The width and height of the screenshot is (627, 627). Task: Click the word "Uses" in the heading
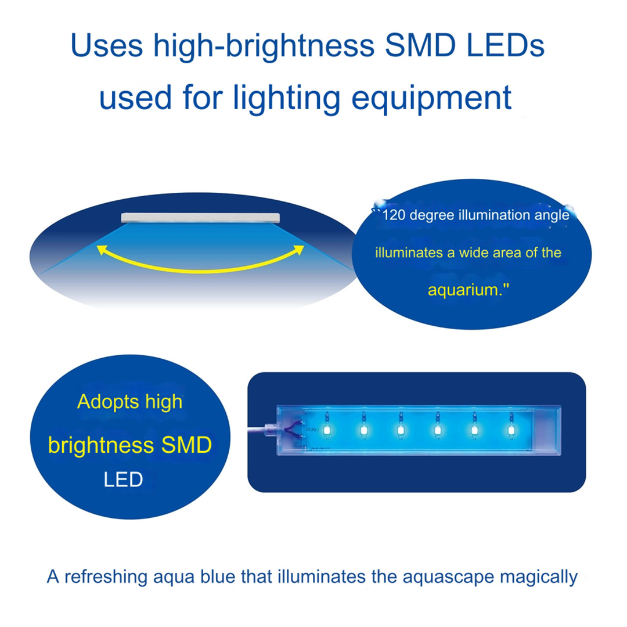click(x=107, y=45)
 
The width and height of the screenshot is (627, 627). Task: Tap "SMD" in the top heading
click(x=420, y=45)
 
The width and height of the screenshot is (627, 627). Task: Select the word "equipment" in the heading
click(x=431, y=98)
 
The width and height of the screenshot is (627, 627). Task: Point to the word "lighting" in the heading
click(x=286, y=98)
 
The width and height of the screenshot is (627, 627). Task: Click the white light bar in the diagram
click(x=200, y=218)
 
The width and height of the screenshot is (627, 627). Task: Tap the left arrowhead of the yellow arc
click(x=102, y=250)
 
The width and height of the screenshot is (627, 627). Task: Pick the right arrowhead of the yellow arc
click(x=299, y=250)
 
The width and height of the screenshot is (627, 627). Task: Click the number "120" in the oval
click(x=394, y=215)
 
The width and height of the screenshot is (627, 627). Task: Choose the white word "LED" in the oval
click(x=123, y=480)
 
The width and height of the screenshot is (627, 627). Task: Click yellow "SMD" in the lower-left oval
click(x=186, y=445)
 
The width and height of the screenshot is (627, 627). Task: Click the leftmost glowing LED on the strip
click(x=327, y=430)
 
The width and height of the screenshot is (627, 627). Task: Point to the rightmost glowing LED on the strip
click(x=511, y=430)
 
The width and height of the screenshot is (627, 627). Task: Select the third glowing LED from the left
click(x=401, y=430)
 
